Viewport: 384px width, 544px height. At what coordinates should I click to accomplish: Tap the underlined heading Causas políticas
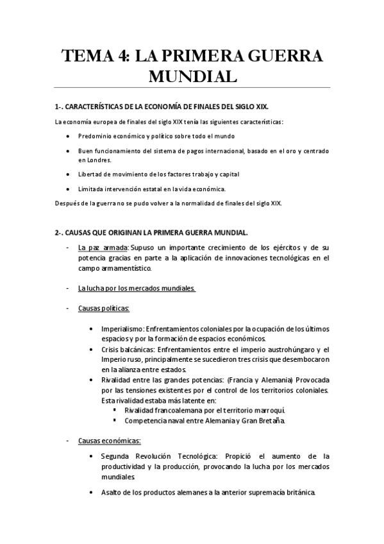tap(103, 309)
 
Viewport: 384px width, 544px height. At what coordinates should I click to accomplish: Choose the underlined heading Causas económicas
tap(110, 441)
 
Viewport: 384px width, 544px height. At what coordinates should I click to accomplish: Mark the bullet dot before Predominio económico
tap(69, 137)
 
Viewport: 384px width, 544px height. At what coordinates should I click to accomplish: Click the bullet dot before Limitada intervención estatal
tap(69, 189)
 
